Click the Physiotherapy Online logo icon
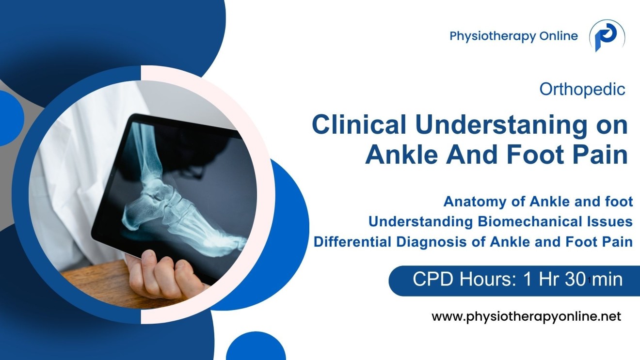(x=607, y=36)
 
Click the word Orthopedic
(x=582, y=89)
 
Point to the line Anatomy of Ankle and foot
(x=538, y=201)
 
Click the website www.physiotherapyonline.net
(x=526, y=317)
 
